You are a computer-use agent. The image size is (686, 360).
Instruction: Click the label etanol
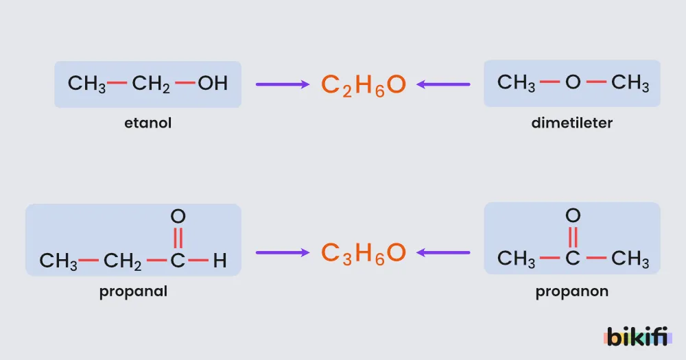point(148,123)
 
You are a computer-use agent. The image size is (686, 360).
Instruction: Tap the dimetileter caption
point(572,123)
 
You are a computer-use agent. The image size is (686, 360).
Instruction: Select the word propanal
point(134,291)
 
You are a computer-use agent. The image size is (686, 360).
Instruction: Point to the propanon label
point(572,291)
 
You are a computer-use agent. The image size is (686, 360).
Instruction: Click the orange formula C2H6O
point(364,85)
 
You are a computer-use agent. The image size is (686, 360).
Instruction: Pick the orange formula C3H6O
point(364,253)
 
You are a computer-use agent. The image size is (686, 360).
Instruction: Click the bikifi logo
point(637,337)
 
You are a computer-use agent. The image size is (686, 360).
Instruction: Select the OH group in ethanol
point(213,83)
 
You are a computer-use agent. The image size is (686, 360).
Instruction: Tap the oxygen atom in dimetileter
point(573,82)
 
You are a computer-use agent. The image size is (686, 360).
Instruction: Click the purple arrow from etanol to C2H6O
point(283,84)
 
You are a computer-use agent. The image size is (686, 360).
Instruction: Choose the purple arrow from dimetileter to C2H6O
point(443,84)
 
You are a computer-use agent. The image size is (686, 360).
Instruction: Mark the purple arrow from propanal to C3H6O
point(283,252)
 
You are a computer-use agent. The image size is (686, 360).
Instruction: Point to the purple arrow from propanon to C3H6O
point(443,252)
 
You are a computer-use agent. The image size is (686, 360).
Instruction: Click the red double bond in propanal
point(178,237)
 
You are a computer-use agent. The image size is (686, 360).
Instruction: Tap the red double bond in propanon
point(573,237)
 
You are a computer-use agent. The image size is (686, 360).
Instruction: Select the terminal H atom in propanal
point(220,261)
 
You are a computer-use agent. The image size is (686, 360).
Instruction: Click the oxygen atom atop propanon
point(573,215)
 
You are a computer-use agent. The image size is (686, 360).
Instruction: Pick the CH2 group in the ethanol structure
point(150,84)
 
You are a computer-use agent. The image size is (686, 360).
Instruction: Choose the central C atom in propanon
point(573,258)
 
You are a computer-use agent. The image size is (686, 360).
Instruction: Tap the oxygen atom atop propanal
point(178,216)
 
